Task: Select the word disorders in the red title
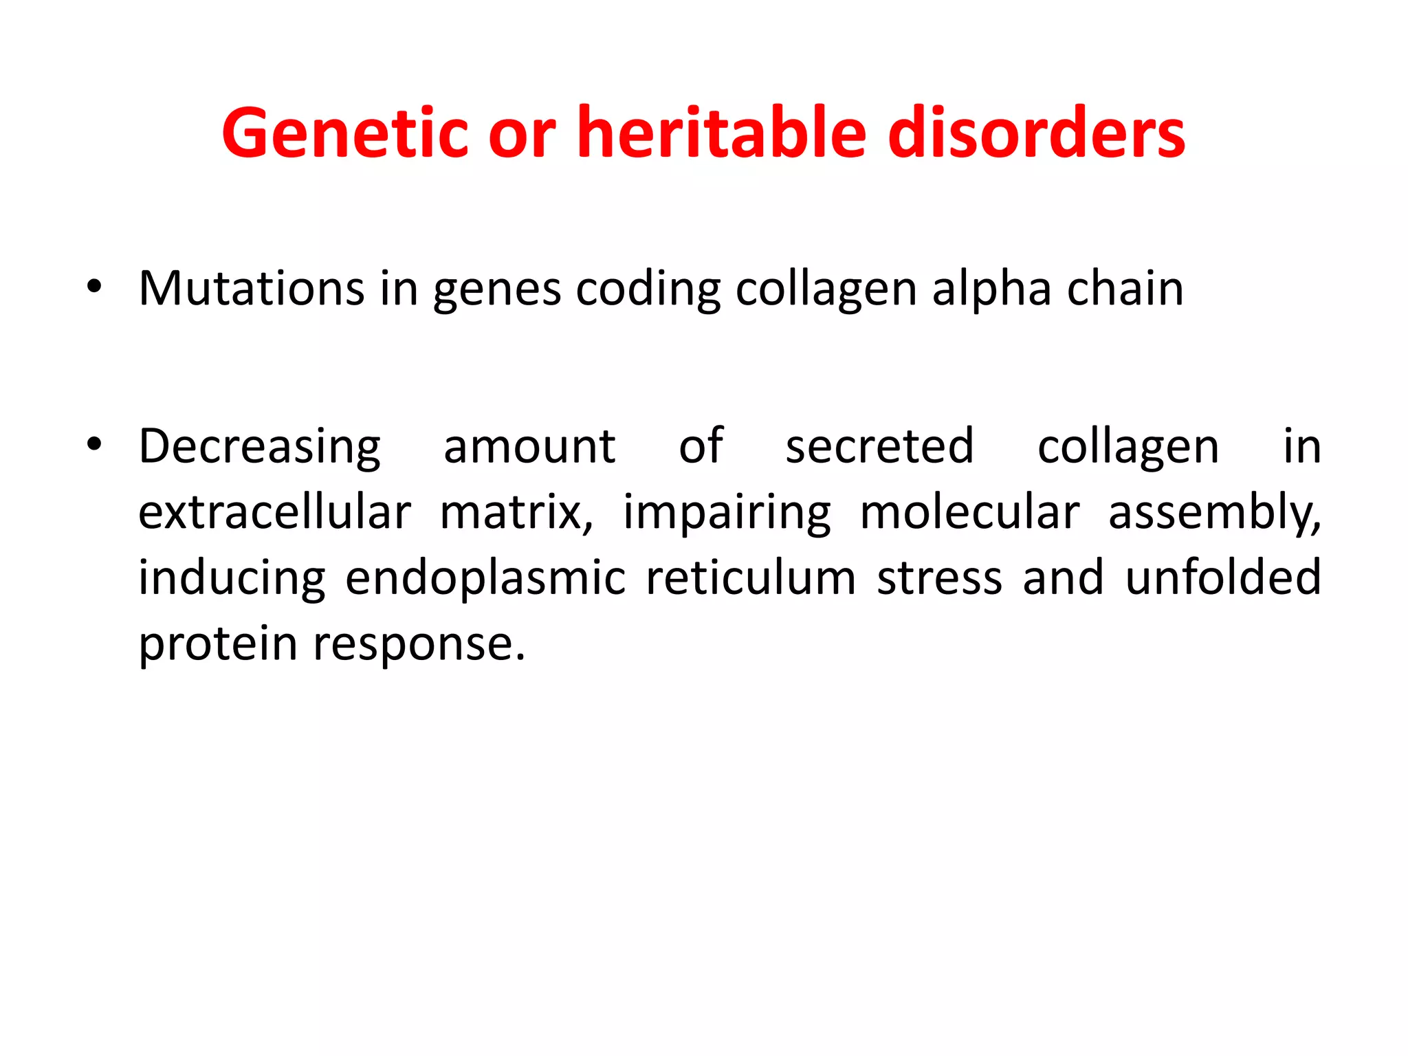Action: click(1036, 133)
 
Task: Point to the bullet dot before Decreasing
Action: click(94, 444)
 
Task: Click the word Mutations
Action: click(252, 288)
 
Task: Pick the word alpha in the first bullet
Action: click(991, 288)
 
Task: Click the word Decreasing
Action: click(259, 447)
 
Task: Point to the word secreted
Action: click(879, 447)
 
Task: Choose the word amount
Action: click(529, 447)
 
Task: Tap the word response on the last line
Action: click(419, 644)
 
